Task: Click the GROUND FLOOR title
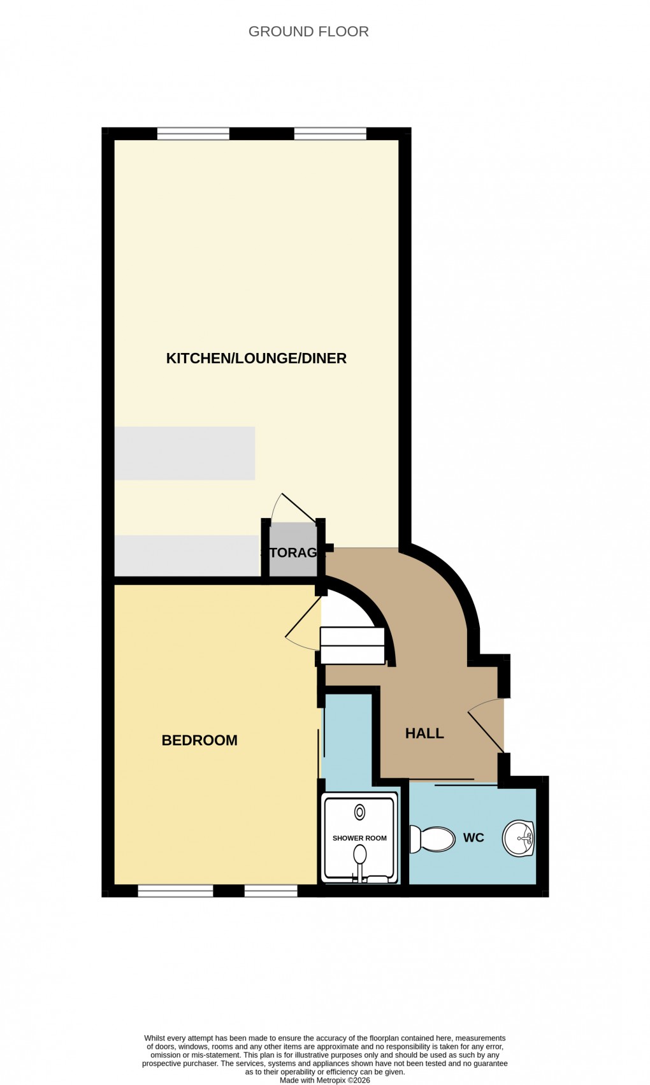click(x=308, y=31)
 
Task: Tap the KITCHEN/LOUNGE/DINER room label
click(x=256, y=358)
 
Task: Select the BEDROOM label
click(x=199, y=740)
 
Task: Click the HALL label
click(x=424, y=733)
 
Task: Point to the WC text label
click(x=473, y=838)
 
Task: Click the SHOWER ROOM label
click(x=359, y=838)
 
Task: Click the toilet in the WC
click(x=432, y=839)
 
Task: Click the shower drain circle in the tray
click(x=360, y=812)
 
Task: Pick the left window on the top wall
click(x=193, y=133)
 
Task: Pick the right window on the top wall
click(x=330, y=133)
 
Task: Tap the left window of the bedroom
click(x=175, y=891)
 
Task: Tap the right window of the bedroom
click(x=271, y=891)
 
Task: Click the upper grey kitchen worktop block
click(x=185, y=453)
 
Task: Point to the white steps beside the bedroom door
click(x=352, y=645)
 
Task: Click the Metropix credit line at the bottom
click(x=325, y=1080)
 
